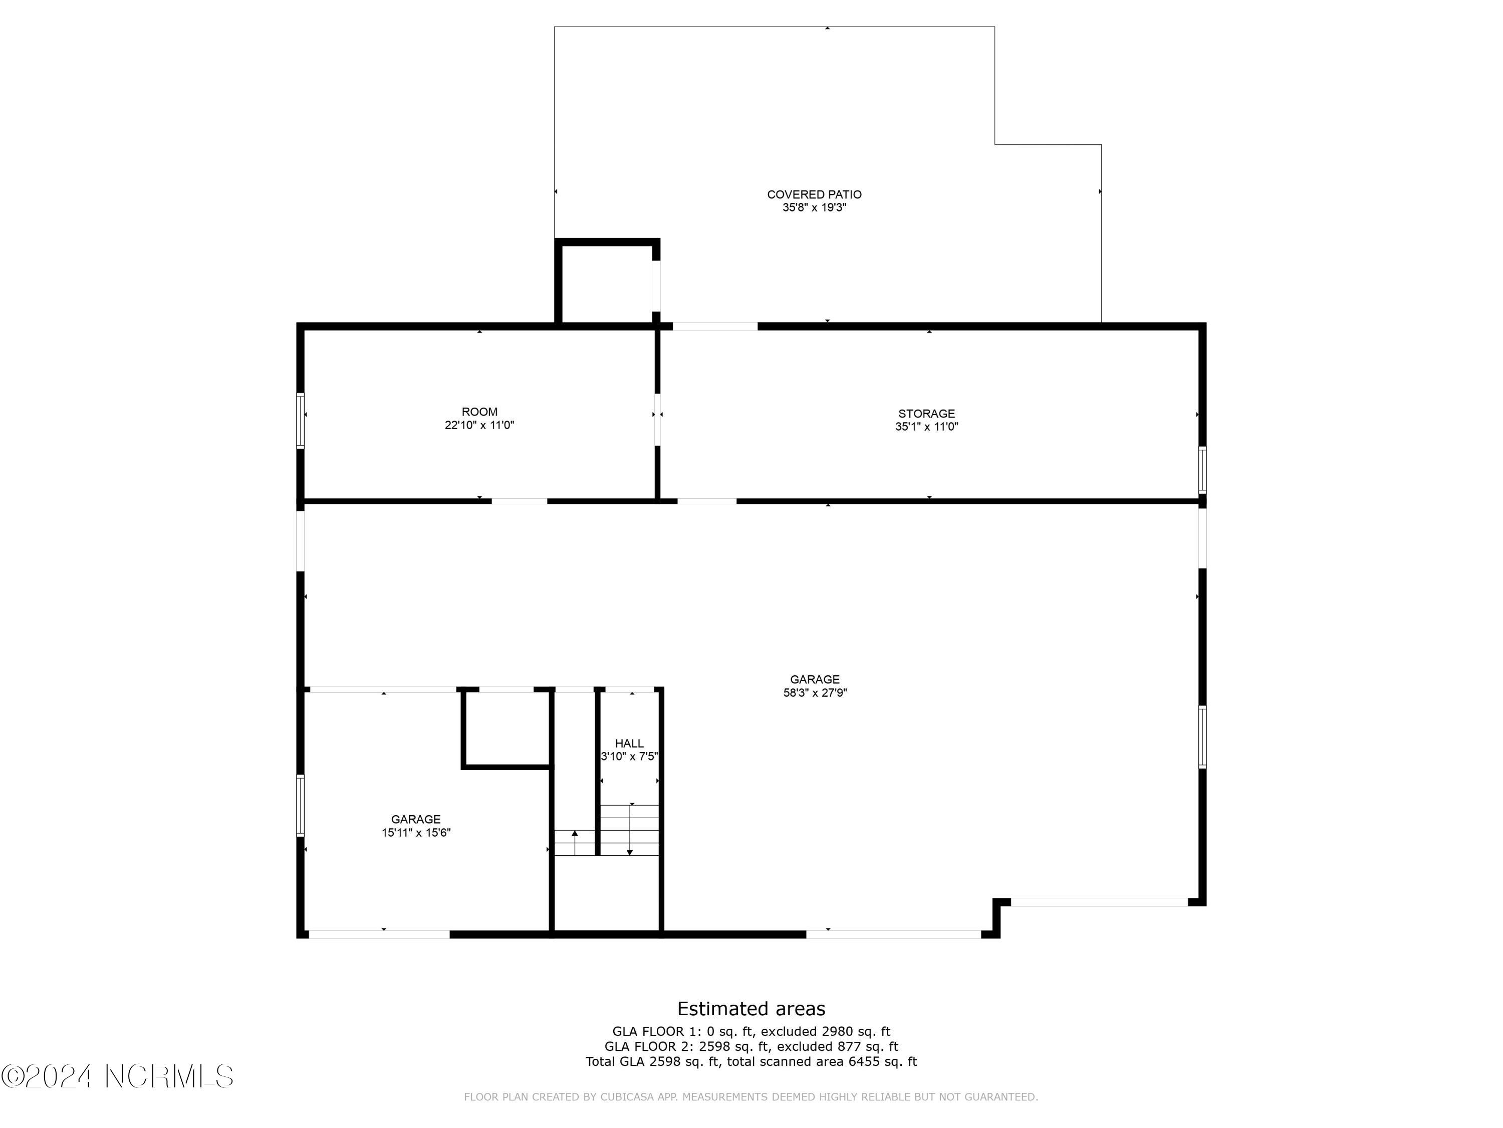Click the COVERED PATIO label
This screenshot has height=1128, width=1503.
pyautogui.click(x=814, y=195)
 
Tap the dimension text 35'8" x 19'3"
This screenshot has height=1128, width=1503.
pyautogui.click(x=814, y=208)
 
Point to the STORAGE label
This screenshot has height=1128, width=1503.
pyautogui.click(x=926, y=414)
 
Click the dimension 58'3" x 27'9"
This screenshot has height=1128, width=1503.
pyautogui.click(x=815, y=693)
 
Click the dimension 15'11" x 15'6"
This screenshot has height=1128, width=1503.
pyautogui.click(x=416, y=833)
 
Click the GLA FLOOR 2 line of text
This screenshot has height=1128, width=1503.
pyautogui.click(x=751, y=1046)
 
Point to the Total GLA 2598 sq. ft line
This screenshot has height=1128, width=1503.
pyautogui.click(x=751, y=1061)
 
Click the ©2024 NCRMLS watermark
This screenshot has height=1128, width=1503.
pyautogui.click(x=118, y=1076)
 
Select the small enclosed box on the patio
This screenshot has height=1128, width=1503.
pyautogui.click(x=607, y=282)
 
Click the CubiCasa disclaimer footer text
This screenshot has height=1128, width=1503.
pyautogui.click(x=751, y=1097)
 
